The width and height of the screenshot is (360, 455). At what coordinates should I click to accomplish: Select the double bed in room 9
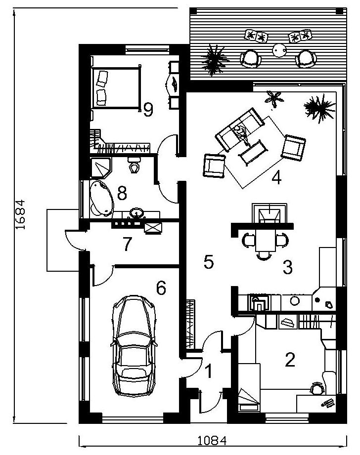pos(115,87)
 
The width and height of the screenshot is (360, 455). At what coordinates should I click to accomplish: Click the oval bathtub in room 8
pos(101,198)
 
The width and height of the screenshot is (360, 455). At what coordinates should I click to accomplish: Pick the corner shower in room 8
pos(100,168)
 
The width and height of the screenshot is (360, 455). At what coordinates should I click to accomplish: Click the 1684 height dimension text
pos(20,214)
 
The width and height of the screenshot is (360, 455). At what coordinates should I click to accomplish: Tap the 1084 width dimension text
pos(212,441)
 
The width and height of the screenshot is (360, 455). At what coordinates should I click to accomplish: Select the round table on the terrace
pos(279,50)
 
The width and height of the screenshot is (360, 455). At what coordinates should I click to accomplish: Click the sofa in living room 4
pos(239,129)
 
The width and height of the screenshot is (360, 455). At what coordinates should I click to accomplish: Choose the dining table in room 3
pos(265,240)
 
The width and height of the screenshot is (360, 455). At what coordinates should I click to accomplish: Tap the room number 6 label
pos(161,288)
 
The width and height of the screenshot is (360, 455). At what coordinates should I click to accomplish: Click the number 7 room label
pos(127,244)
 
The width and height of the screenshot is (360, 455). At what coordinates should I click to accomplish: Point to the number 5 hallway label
pos(209,262)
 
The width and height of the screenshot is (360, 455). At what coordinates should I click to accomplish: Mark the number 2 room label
pos(290,359)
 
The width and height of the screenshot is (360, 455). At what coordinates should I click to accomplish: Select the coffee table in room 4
pos(253,152)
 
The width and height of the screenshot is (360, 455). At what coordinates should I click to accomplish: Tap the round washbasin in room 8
pos(135,213)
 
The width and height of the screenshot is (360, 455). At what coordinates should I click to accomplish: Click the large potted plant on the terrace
pos(215,60)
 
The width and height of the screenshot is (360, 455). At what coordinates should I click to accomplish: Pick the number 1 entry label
pos(208,372)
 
